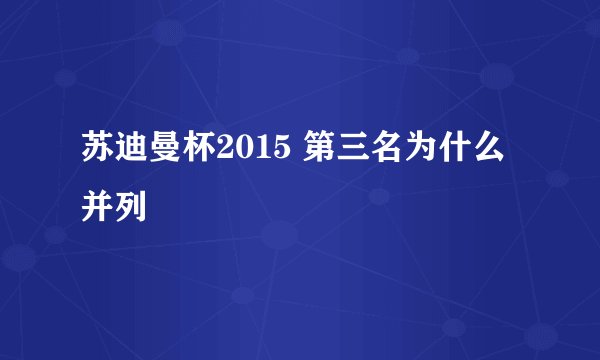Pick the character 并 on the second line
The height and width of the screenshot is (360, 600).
point(99,207)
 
